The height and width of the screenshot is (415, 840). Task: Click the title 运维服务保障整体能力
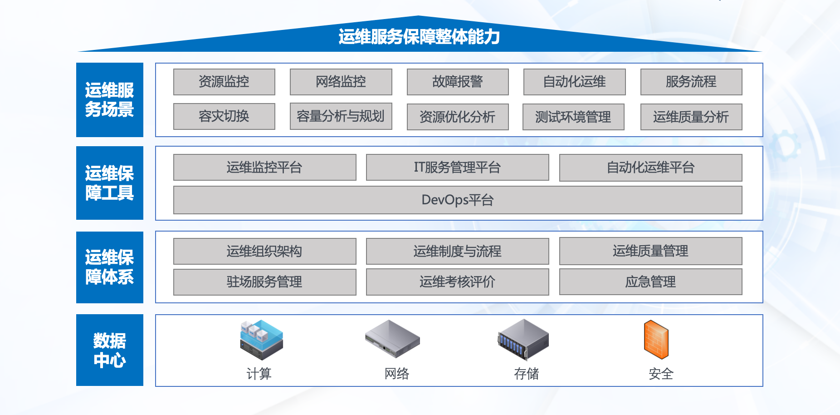(419, 37)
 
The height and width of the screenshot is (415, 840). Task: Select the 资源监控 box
(224, 82)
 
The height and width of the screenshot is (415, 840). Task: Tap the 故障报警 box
(458, 82)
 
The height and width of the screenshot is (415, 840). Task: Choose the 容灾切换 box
(224, 116)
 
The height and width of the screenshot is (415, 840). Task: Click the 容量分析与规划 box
(341, 116)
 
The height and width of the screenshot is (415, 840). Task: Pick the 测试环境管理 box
(573, 117)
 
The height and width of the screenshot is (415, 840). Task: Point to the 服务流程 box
(691, 82)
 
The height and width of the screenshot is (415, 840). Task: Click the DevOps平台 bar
(458, 200)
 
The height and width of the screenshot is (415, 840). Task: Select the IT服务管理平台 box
(457, 168)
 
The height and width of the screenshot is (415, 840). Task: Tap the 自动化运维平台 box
(651, 168)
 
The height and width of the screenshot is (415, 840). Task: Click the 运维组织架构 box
(264, 251)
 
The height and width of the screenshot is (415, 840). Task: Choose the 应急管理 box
(651, 282)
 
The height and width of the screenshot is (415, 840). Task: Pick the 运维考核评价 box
(457, 282)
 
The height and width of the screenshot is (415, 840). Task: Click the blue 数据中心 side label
(110, 350)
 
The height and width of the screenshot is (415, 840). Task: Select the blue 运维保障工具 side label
(110, 183)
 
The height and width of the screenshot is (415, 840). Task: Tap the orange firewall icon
(656, 340)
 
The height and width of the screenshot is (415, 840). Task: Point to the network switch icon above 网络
(393, 339)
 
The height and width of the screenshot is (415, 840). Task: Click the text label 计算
(259, 374)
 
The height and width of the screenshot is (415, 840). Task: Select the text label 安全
(661, 374)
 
